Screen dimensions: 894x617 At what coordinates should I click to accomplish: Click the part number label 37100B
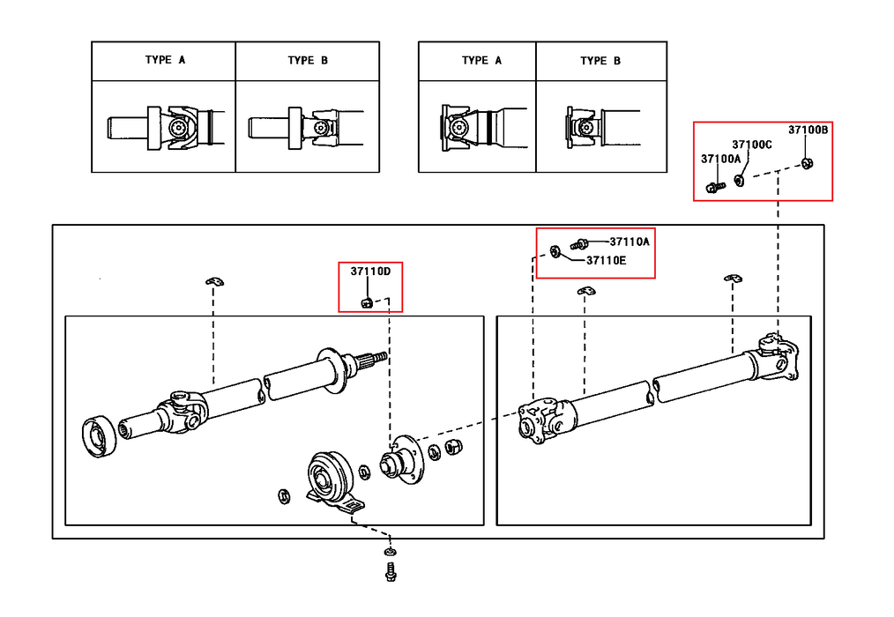tap(808, 130)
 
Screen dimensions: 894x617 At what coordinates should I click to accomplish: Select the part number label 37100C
tap(752, 145)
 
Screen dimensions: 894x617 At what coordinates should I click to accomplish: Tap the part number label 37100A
tap(720, 159)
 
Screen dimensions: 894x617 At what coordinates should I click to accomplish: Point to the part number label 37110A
tap(630, 242)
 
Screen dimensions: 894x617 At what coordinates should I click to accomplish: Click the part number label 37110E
tap(606, 261)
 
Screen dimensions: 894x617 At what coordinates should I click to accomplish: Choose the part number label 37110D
tap(370, 271)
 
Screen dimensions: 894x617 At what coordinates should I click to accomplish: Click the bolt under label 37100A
tap(715, 187)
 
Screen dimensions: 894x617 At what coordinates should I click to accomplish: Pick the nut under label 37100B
tap(807, 164)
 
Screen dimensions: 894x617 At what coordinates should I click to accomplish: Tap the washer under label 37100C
tap(739, 180)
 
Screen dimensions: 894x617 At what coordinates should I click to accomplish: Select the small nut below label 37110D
tap(367, 302)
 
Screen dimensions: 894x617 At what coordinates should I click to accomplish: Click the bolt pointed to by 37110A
tap(578, 245)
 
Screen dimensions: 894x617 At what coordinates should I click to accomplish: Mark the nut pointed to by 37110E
tap(555, 251)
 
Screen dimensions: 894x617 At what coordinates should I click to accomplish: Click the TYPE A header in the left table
tap(166, 60)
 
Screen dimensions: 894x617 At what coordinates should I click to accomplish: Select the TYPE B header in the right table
tap(600, 61)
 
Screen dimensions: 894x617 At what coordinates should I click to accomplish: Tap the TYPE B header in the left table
tap(308, 61)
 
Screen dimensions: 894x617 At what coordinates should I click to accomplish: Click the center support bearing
tap(330, 480)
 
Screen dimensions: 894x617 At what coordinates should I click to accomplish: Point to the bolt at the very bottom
tap(391, 572)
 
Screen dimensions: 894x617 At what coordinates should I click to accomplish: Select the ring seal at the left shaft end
tap(101, 437)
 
